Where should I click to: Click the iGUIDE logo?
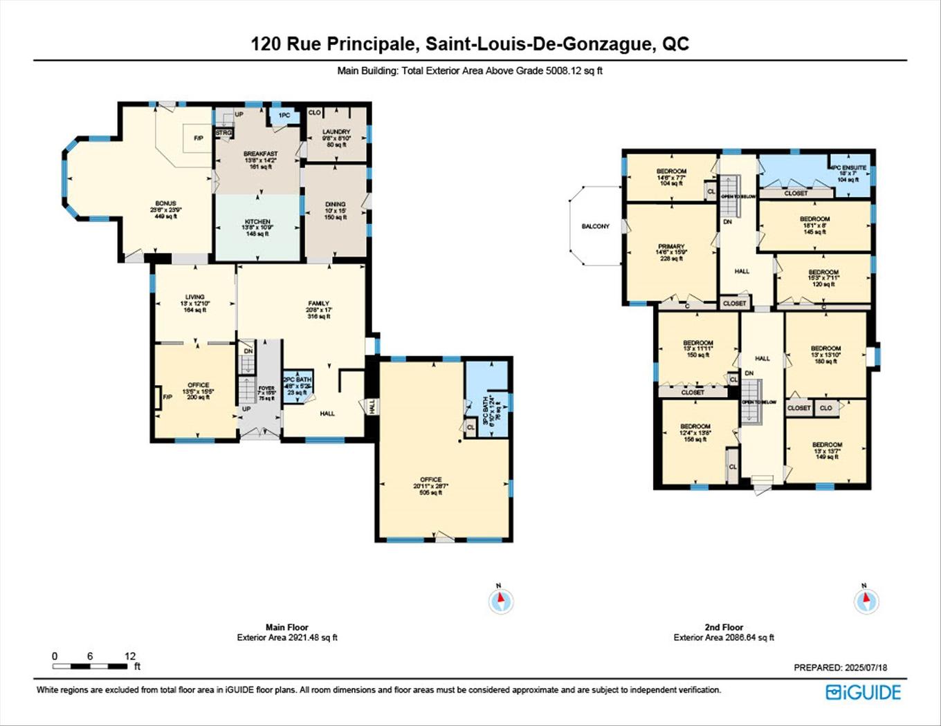864,692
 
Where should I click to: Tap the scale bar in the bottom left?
90,667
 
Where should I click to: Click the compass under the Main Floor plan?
501,601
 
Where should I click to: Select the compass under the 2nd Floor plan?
866,601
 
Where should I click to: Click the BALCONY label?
595,226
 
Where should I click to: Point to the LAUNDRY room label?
336,131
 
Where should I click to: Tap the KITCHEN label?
257,222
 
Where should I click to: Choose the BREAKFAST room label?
260,153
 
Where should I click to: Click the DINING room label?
335,205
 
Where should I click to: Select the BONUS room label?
165,204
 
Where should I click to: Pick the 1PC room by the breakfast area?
284,115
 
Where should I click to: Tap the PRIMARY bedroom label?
670,247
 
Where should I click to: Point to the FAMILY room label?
319,304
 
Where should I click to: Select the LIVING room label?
194,297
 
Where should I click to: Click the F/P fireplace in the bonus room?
198,138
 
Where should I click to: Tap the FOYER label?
266,389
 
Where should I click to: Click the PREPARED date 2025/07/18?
840,668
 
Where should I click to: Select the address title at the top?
470,44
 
